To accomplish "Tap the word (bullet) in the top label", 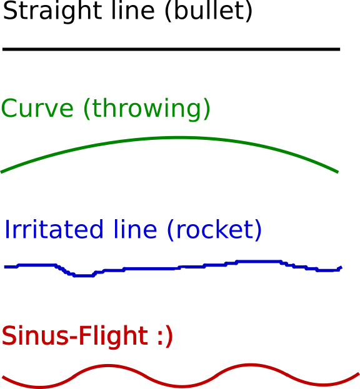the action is (209, 11).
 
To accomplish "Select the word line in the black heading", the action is (133, 11).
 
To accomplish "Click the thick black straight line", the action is (171, 49).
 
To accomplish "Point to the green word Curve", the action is (37, 108).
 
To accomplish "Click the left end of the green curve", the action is (1, 172).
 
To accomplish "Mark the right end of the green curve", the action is (337, 172).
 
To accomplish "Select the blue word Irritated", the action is (54, 229).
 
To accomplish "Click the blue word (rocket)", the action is (214, 230).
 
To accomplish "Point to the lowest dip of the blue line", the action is (84, 275).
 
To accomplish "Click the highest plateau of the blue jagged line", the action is (259, 261).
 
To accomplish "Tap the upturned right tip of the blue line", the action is (341, 267).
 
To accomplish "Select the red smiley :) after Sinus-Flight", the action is (165, 336).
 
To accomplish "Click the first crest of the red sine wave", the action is (107, 365).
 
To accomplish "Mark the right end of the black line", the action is (339, 49).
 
